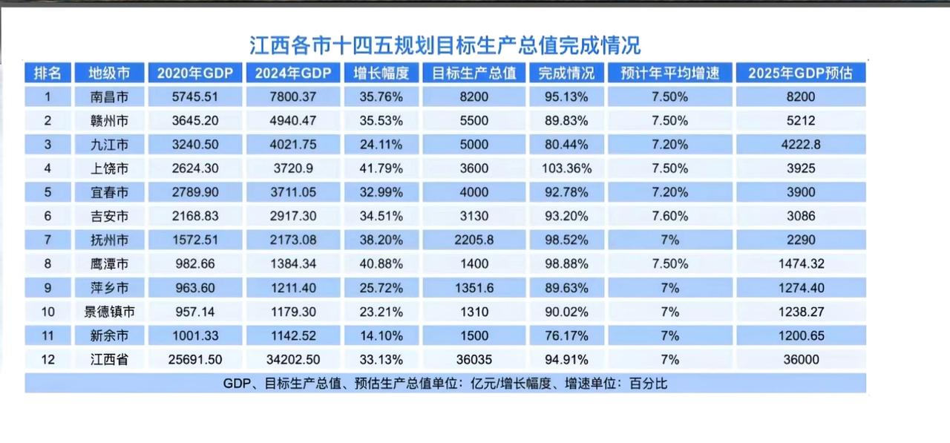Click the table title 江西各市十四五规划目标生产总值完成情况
[445, 45]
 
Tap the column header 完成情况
[566, 73]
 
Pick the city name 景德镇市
[110, 312]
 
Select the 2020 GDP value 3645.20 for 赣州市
[195, 120]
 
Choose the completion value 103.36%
[566, 168]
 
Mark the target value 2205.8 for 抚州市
[474, 240]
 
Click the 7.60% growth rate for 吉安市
[669, 217]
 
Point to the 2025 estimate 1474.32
[801, 264]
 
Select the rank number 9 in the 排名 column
[47, 288]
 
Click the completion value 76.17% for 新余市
[566, 336]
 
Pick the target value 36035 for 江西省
[474, 360]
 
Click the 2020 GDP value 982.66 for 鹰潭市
[195, 264]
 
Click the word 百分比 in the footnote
[656, 384]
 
